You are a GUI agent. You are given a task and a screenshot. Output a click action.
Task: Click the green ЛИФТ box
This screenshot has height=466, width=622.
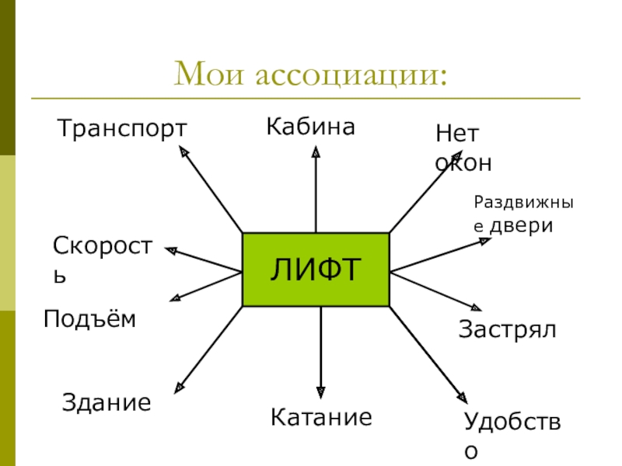pos(316,269)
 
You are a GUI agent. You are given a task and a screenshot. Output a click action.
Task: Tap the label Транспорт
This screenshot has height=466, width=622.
pos(122,128)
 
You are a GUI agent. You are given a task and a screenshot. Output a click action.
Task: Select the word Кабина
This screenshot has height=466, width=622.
pos(310,127)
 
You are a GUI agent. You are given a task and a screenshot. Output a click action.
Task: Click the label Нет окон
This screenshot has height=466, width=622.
pos(463,148)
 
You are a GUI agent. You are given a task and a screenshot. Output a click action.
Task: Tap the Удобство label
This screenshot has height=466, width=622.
pos(513,436)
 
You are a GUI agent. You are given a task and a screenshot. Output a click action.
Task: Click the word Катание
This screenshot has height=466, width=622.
pos(321,418)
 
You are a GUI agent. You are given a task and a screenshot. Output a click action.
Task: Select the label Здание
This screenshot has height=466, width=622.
pos(106,403)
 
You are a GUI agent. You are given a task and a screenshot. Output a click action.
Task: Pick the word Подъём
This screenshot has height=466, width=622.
pos(89,318)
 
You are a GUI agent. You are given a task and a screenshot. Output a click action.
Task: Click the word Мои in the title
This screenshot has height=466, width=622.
pos(210,75)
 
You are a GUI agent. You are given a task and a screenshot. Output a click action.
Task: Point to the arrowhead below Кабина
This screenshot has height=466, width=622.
pos(316,153)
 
